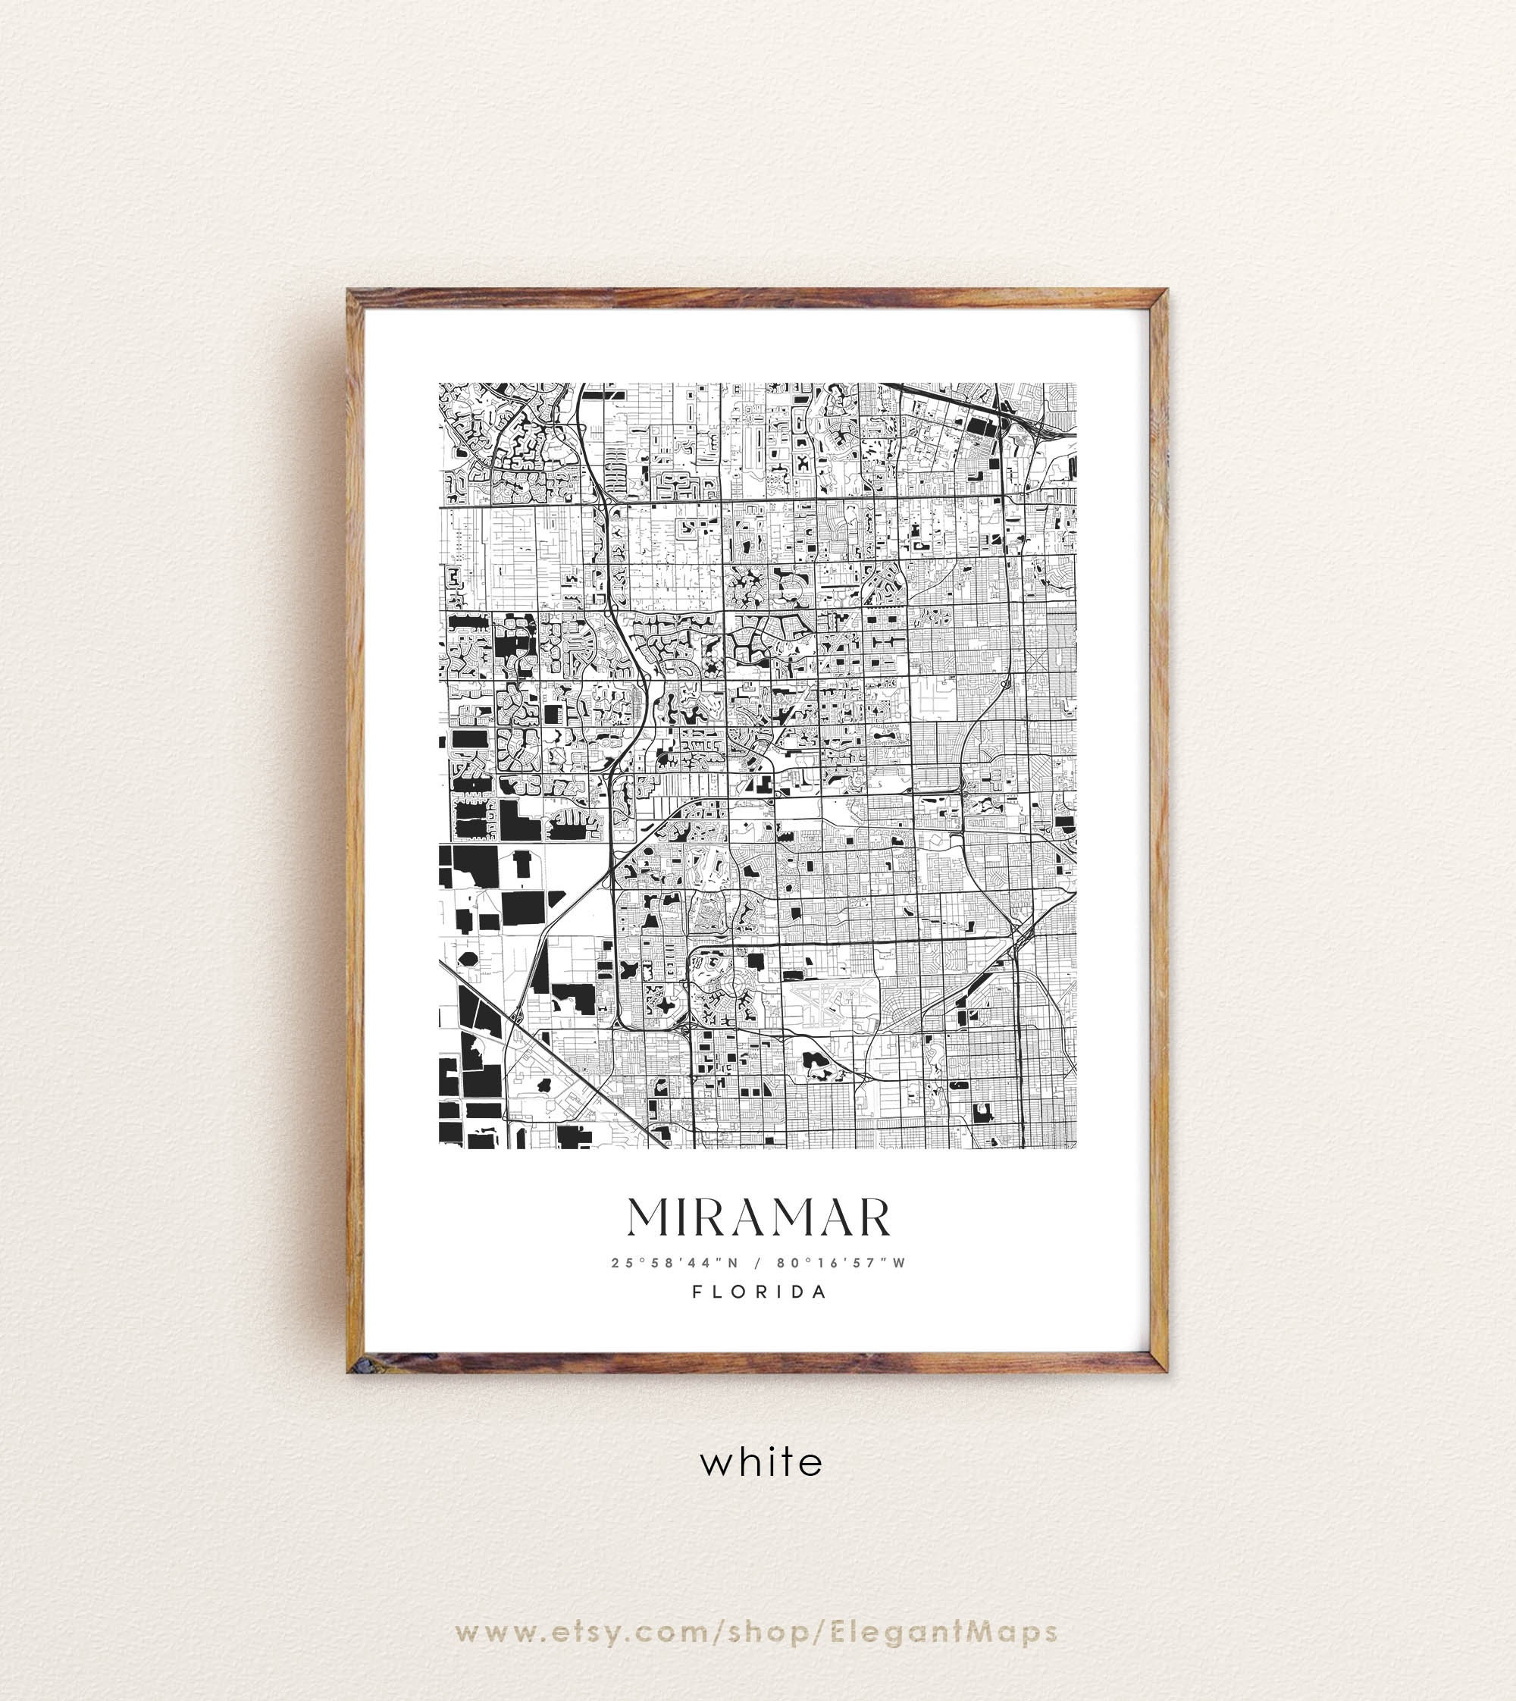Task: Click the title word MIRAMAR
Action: click(759, 1219)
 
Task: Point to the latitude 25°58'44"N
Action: click(675, 1263)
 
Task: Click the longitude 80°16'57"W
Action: click(841, 1263)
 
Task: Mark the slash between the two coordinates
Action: click(758, 1263)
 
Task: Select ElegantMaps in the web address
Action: click(944, 1633)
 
